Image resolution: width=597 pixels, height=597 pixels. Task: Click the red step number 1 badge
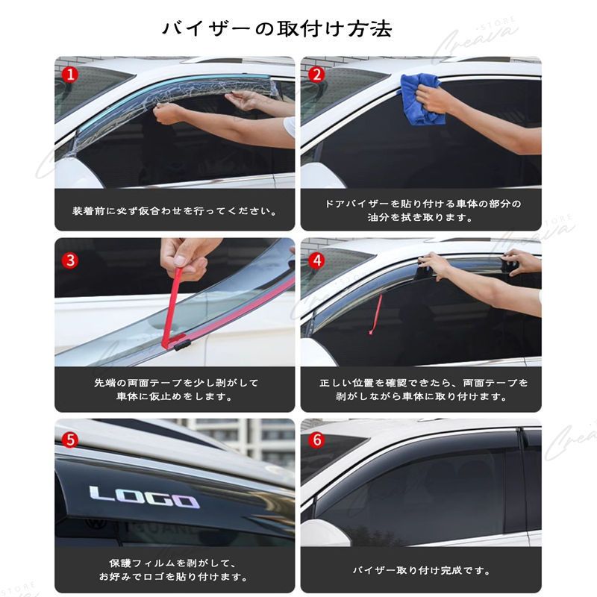pyautogui.click(x=69, y=74)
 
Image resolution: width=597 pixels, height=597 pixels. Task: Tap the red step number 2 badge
pyautogui.click(x=316, y=74)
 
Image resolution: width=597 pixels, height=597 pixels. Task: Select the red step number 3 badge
pyautogui.click(x=69, y=260)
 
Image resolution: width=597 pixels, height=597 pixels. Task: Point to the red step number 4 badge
pyautogui.click(x=316, y=260)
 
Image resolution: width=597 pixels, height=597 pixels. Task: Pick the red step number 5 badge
pyautogui.click(x=69, y=440)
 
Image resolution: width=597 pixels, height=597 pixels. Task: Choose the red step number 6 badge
pyautogui.click(x=316, y=440)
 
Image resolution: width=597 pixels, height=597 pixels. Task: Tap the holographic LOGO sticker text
pyautogui.click(x=144, y=497)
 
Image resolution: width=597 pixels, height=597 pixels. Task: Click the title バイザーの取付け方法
pyautogui.click(x=277, y=29)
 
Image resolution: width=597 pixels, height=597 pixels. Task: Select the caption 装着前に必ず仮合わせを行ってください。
pyautogui.click(x=175, y=210)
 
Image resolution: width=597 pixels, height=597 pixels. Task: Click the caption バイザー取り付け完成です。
pyautogui.click(x=421, y=571)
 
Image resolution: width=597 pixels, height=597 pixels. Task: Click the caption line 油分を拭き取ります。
pyautogui.click(x=421, y=218)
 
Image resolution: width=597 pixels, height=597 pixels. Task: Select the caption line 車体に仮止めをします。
pyautogui.click(x=175, y=397)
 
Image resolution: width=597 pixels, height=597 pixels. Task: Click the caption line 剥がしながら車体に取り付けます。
pyautogui.click(x=421, y=397)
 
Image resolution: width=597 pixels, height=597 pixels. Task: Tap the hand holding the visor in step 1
pyautogui.click(x=169, y=113)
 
